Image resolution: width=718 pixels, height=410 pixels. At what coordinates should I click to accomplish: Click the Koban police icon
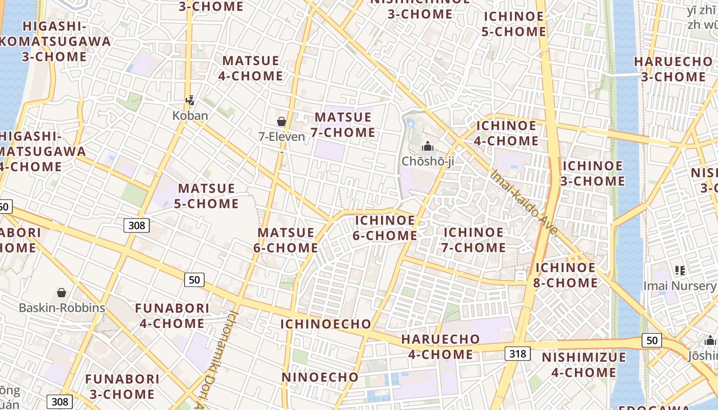click(190, 100)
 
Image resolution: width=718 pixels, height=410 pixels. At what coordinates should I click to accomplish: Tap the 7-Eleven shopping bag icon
click(282, 121)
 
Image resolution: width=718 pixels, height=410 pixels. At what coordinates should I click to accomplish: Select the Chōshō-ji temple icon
click(427, 147)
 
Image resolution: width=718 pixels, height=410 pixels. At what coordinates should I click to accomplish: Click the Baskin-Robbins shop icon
click(62, 293)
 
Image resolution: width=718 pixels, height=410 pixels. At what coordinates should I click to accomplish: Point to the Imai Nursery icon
click(680, 270)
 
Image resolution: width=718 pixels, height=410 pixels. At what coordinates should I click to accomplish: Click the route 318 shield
click(517, 353)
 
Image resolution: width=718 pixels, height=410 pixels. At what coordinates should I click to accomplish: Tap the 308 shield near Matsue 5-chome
click(136, 225)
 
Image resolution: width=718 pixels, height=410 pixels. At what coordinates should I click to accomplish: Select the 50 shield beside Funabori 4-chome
click(194, 279)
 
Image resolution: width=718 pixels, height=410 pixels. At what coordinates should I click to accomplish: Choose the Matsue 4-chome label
click(251, 68)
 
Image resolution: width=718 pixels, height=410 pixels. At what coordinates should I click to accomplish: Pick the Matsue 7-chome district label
click(345, 125)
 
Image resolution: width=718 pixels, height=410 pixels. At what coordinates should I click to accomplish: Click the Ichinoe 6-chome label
click(385, 228)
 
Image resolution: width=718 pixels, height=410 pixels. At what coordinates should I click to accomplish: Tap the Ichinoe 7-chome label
click(474, 240)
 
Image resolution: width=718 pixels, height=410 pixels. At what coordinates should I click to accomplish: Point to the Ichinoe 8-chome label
click(566, 275)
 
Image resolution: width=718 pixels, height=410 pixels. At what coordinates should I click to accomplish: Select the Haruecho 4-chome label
click(441, 346)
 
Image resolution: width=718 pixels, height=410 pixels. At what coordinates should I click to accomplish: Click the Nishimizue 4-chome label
click(584, 364)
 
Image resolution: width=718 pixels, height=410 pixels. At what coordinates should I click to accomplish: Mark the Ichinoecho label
click(326, 324)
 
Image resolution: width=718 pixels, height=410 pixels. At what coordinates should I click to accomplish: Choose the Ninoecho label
click(320, 377)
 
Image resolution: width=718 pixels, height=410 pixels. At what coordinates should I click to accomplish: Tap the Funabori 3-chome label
click(120, 386)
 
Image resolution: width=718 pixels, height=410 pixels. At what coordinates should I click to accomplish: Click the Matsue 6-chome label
click(286, 240)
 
